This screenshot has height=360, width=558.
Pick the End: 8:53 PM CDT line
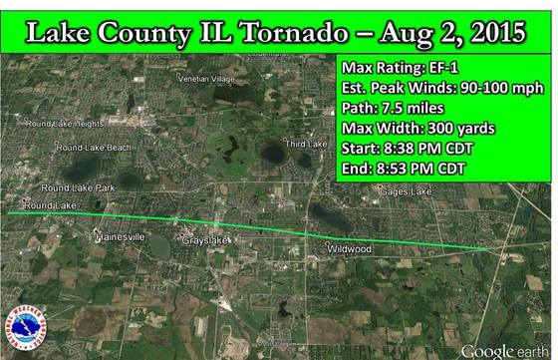pyautogui.click(x=399, y=168)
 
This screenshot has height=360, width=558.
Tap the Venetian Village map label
pyautogui.click(x=205, y=78)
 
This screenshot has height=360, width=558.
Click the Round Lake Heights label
pyautogui.click(x=66, y=124)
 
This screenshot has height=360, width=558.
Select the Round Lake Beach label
pyautogui.click(x=93, y=148)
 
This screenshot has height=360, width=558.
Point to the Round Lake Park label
pyautogui.click(x=78, y=187)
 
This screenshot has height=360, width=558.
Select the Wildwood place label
pyautogui.click(x=351, y=247)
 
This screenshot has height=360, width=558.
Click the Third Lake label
pyautogui.click(x=307, y=144)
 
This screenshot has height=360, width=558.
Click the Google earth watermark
pyautogui.click(x=504, y=350)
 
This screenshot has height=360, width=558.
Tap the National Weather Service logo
pyautogui.click(x=26, y=330)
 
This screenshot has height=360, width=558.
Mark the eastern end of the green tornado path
pyautogui.click(x=488, y=248)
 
